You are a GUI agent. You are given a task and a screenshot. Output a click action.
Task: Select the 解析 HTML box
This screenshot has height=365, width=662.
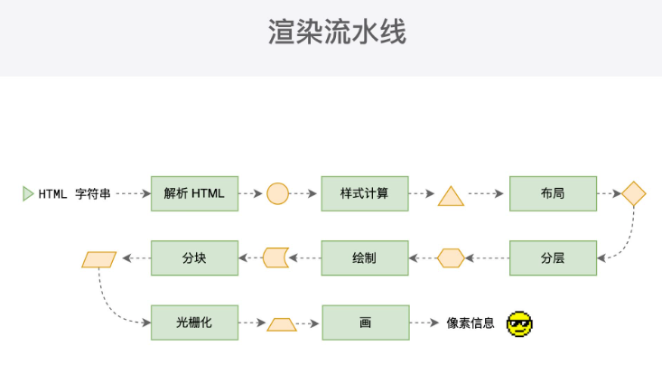(x=194, y=193)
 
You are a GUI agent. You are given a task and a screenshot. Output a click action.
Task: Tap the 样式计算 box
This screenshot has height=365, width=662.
(x=365, y=193)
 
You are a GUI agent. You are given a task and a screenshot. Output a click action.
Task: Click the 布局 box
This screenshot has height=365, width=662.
(x=553, y=193)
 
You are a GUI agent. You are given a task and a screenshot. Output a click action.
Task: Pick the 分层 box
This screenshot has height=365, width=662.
(x=553, y=258)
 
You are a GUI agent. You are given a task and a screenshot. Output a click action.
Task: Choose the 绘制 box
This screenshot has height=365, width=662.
(x=365, y=258)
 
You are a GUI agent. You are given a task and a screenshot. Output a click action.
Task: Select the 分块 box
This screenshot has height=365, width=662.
(x=194, y=258)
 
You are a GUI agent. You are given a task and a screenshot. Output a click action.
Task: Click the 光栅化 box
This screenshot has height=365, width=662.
(x=194, y=323)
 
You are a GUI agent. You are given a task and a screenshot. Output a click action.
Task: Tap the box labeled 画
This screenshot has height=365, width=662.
(x=365, y=323)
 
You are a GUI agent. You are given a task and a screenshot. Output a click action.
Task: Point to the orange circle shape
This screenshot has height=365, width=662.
(x=278, y=193)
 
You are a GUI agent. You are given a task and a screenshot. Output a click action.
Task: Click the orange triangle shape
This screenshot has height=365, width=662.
(x=451, y=196)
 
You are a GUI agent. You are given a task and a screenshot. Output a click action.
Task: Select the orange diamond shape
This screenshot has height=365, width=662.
(x=634, y=193)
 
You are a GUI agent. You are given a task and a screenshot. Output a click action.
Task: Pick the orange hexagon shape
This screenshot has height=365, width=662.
(x=451, y=258)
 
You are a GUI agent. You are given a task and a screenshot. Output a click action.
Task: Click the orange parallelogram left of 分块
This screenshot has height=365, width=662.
(x=99, y=259)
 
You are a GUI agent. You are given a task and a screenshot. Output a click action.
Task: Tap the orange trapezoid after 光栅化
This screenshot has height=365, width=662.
(x=282, y=323)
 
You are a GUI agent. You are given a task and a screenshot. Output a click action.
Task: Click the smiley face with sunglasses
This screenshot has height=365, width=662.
(x=519, y=323)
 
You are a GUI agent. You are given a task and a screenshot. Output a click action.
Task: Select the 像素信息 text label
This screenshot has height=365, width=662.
(x=471, y=323)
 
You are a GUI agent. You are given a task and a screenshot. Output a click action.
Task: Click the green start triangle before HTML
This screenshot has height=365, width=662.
(x=28, y=193)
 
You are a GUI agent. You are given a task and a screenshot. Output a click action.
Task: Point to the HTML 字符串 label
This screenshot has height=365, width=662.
(x=74, y=193)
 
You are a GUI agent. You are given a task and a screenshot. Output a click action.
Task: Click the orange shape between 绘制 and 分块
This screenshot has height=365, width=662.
(x=275, y=258)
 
